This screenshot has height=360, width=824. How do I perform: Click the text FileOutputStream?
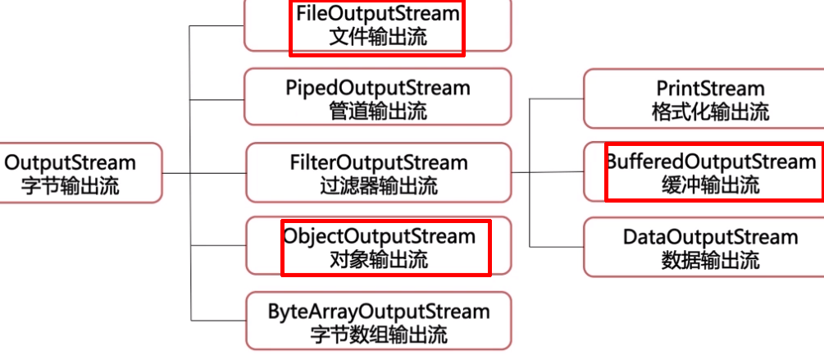click(x=377, y=14)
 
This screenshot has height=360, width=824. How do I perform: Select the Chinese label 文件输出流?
click(x=377, y=38)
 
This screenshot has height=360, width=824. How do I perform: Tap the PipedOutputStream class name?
click(x=378, y=87)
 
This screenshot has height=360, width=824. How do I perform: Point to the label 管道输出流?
click(x=378, y=111)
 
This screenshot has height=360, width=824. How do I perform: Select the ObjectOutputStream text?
click(x=380, y=236)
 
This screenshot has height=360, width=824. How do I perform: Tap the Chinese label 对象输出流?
click(x=378, y=261)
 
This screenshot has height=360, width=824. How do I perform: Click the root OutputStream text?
click(x=71, y=162)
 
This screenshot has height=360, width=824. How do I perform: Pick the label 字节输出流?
click(x=71, y=186)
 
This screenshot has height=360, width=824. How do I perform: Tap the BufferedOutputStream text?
click(x=712, y=162)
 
